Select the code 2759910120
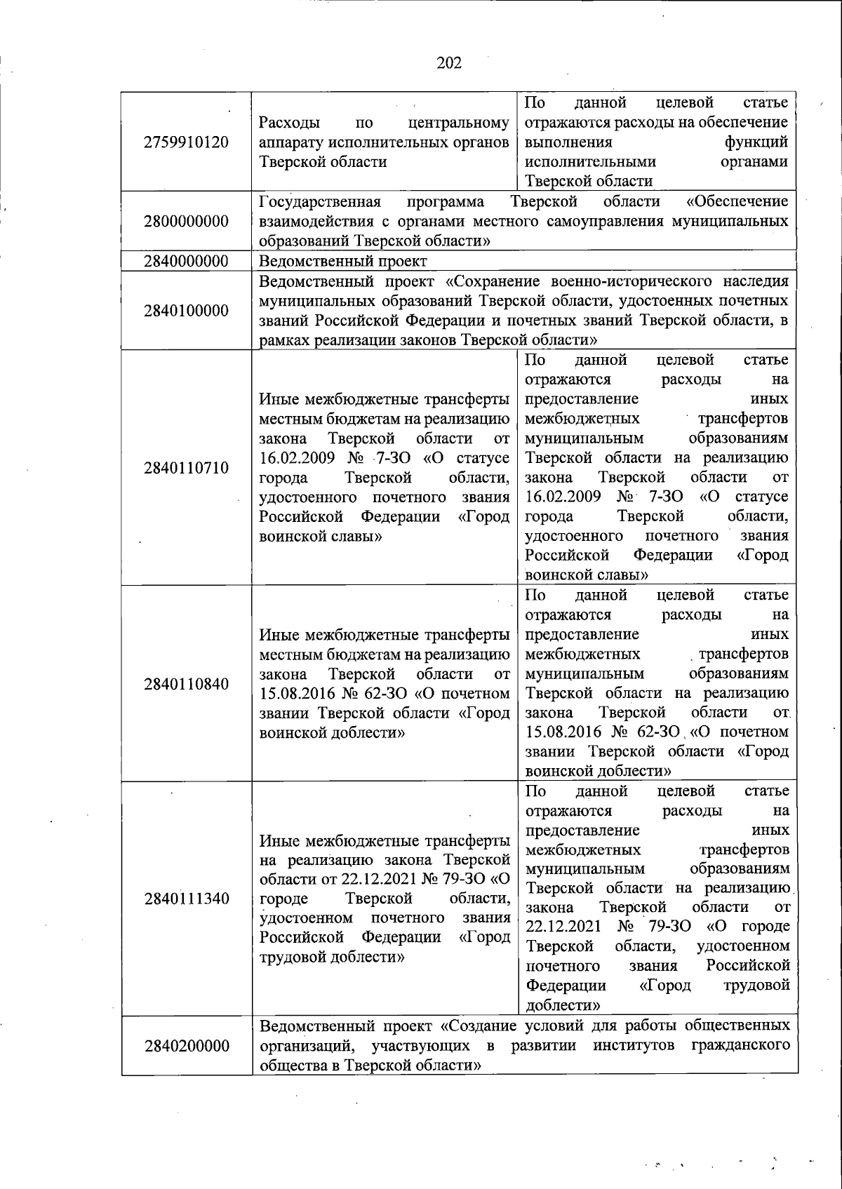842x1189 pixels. [186, 142]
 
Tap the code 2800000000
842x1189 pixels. [186, 222]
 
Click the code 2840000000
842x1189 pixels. [186, 262]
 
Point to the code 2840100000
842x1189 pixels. [186, 311]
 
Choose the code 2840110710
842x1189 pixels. [186, 467]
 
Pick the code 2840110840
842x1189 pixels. [186, 684]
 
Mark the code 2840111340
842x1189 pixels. [186, 899]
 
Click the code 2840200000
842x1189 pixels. [186, 1046]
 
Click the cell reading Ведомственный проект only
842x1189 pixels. [342, 262]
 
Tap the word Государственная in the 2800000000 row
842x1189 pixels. [320, 202]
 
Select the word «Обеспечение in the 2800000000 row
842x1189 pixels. [737, 202]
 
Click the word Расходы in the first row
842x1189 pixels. [289, 123]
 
